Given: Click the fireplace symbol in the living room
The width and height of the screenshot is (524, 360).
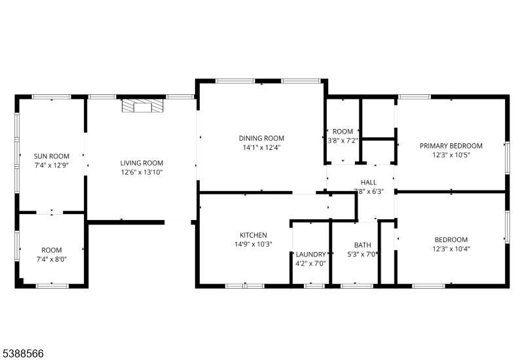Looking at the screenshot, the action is pos(143,105).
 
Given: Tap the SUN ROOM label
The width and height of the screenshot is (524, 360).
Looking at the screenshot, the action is pos(52,156).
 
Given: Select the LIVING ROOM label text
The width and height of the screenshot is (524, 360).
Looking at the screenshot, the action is pos(141,163).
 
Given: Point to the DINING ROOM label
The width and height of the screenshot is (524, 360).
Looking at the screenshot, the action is pos(261,138).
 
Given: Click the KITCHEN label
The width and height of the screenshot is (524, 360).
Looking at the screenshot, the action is pos(253,235).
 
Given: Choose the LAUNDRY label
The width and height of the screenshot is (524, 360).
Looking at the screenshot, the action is pos(310,255).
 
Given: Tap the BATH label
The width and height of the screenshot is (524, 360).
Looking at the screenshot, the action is pos(363,245).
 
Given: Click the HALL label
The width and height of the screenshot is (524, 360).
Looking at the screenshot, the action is pos(369,183).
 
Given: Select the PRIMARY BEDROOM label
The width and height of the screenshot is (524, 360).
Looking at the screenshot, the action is pos(451,146).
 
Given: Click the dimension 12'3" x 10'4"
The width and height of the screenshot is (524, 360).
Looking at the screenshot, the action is pos(451,249).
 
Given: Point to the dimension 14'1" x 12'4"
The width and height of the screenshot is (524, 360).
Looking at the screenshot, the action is pos(261,147).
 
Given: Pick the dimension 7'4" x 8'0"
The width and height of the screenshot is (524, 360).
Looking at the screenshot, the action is pos(52,259).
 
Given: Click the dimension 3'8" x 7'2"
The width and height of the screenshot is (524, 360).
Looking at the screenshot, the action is pos(343,141).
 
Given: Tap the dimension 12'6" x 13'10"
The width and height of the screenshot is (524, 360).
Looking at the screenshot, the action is pos(141,172).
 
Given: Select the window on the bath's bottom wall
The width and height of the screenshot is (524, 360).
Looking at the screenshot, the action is pos(356,286).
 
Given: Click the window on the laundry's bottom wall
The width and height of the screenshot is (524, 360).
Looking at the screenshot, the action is pos(314,286).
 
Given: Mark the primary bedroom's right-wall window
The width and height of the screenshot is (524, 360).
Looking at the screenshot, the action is pos(507,158).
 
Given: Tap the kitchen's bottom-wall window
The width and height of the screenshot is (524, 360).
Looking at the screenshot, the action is pos(244,286).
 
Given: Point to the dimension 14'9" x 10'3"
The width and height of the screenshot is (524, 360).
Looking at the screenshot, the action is pos(253,244).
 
